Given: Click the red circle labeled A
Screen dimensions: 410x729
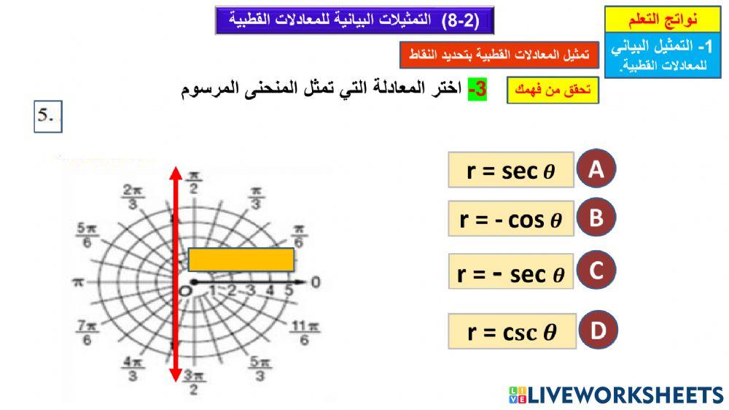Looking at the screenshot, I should (596, 169).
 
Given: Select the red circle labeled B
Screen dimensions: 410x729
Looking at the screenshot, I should (596, 218).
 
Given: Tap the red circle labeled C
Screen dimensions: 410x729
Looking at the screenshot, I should (596, 272).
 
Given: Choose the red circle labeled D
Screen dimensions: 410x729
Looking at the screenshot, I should (598, 331).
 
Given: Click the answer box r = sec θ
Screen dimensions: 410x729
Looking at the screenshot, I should (511, 171).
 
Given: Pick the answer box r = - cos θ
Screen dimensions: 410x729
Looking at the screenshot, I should (511, 220).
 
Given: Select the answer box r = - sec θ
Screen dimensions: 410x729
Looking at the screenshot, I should (511, 273).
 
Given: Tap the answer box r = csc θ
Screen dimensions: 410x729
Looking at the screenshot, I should (512, 333).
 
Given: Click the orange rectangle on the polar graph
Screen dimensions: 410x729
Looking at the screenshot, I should (241, 260).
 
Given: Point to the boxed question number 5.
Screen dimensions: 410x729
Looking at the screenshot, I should (48, 117).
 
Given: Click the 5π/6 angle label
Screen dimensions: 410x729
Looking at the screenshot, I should (85, 235).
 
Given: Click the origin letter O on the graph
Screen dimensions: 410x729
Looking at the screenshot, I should (186, 290).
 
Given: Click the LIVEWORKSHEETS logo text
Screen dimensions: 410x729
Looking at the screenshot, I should (617, 395).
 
